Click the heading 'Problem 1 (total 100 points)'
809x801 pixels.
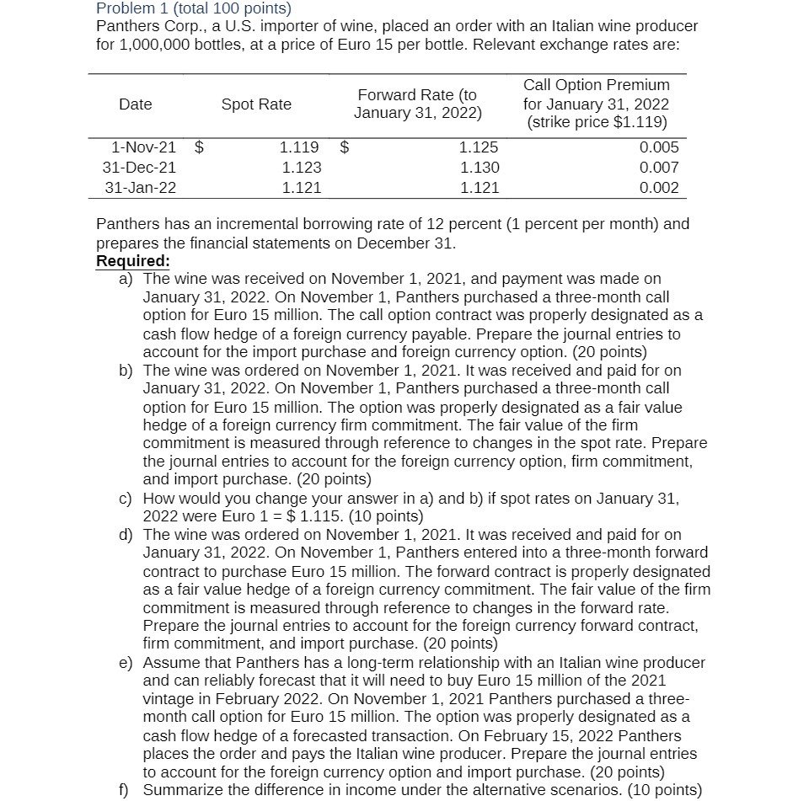[x=194, y=9]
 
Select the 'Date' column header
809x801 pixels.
[x=136, y=104]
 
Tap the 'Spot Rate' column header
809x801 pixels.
[x=256, y=104]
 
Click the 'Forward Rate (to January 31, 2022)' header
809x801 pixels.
[x=417, y=104]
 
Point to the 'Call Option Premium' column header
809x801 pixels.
[x=597, y=85]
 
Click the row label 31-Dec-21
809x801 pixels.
[x=140, y=168]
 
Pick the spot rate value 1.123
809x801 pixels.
[x=301, y=168]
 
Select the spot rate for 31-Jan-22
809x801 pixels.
[x=301, y=188]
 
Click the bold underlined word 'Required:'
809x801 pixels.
[x=133, y=260]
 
